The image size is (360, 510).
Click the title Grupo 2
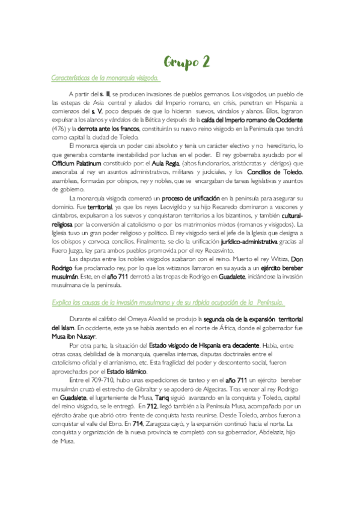[x=187, y=62]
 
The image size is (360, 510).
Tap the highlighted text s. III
[x=105, y=95]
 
